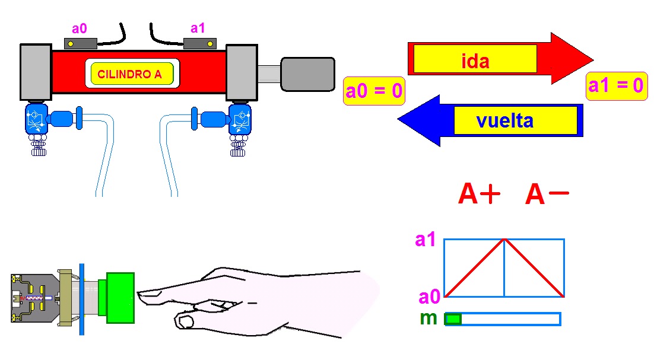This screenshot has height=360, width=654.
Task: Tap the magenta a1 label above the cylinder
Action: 198,28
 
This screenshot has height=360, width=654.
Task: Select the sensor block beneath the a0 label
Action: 81,43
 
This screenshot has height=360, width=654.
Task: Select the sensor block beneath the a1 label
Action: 200,43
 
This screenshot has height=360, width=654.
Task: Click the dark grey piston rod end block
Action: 307,74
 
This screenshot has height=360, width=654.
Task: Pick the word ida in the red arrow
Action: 475,61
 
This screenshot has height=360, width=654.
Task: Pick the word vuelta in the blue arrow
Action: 504,121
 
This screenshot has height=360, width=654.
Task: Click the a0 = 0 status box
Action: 374,91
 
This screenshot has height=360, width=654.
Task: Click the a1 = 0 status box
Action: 615,85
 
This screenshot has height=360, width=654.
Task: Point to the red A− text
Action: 547,195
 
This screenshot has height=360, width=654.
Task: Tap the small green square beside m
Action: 453,319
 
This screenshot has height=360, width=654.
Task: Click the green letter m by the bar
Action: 428,318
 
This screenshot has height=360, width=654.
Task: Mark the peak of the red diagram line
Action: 504,240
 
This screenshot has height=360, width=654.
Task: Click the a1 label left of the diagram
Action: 426,240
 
